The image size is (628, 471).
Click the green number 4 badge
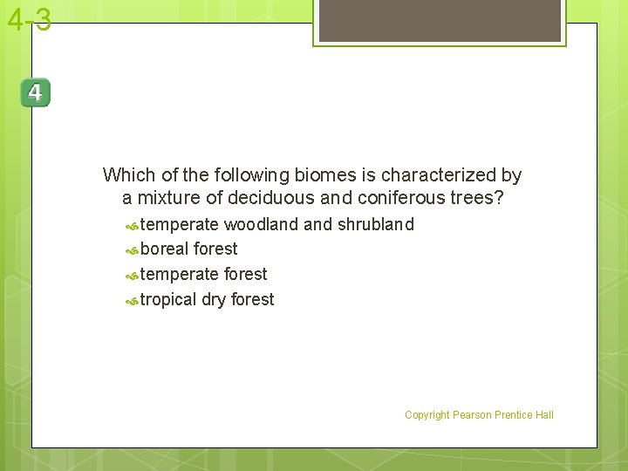tap(36, 92)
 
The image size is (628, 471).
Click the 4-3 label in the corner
tap(29, 19)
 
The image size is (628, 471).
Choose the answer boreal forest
tap(188, 249)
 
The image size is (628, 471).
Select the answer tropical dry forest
tap(207, 300)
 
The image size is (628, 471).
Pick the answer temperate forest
tap(203, 275)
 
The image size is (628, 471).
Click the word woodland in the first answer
tap(261, 225)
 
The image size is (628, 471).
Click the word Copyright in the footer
tap(427, 415)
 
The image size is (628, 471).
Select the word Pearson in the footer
tap(472, 415)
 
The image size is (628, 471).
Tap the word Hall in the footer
tap(543, 415)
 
